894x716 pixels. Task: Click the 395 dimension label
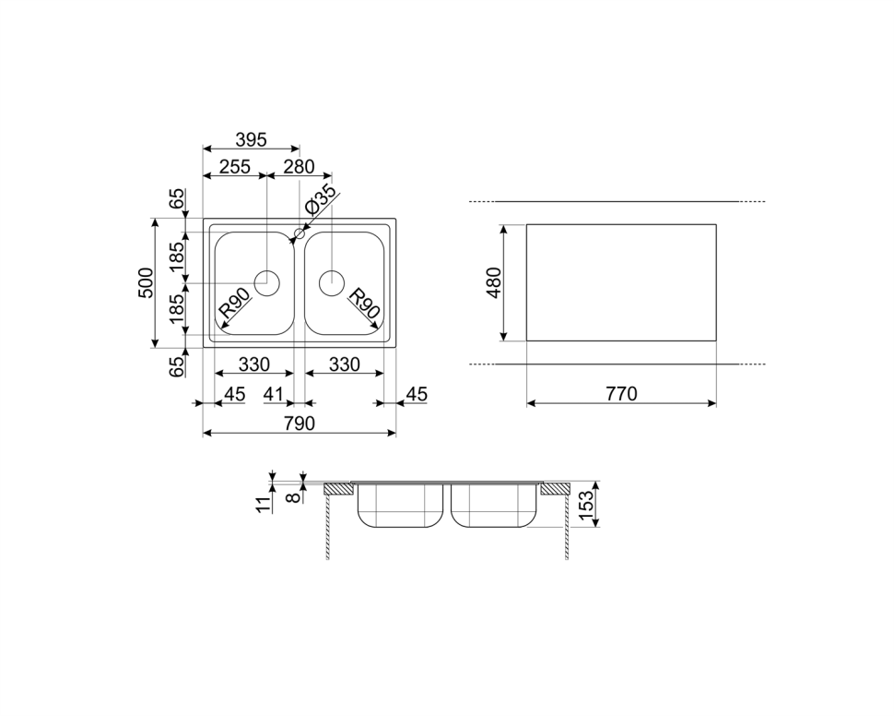point(252,139)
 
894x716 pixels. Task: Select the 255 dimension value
point(235,167)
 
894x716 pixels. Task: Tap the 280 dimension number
point(299,167)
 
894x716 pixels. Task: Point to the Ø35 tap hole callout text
point(321,200)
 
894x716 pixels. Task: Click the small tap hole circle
point(300,233)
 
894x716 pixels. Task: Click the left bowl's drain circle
point(267,282)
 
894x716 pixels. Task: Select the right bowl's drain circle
point(331,282)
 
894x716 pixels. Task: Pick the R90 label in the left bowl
point(235,304)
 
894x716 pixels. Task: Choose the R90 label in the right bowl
point(364,304)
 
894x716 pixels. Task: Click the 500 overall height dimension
point(146,282)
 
